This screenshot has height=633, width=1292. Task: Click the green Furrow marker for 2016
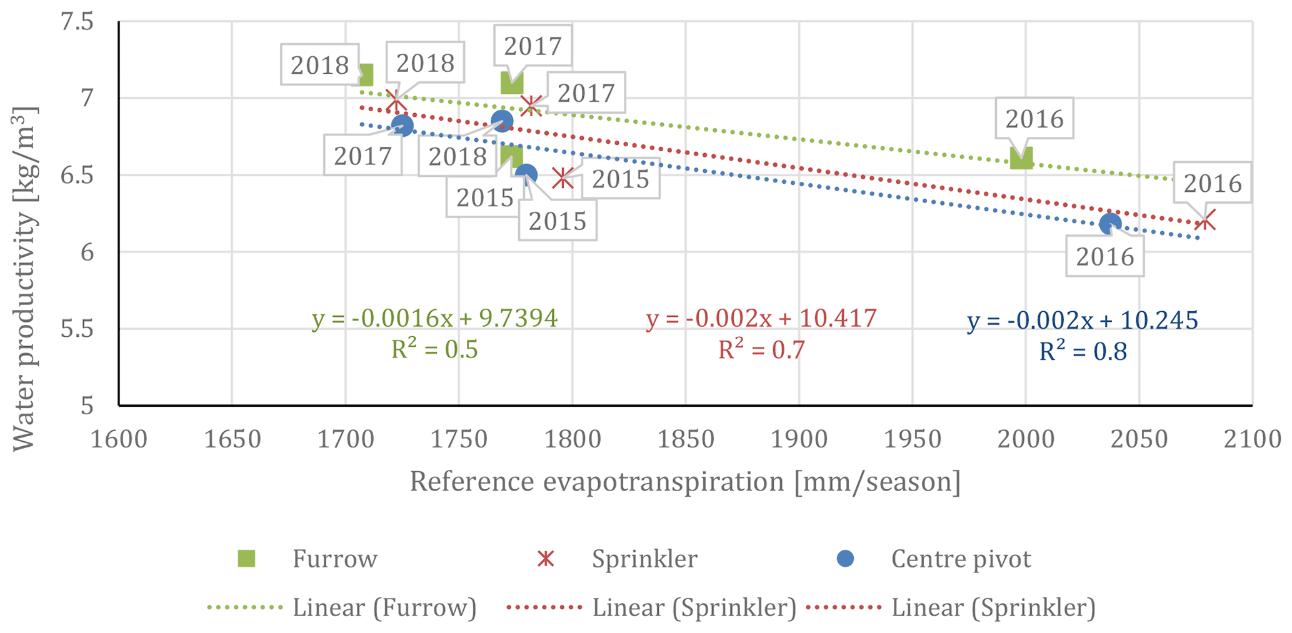click(1021, 158)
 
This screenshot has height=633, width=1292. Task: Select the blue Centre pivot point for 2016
click(1110, 224)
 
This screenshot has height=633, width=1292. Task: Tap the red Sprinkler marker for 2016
click(1206, 220)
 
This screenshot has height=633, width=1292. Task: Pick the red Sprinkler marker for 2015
click(563, 178)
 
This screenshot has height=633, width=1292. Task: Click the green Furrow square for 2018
click(363, 75)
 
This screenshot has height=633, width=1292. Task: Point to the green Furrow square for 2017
click(512, 82)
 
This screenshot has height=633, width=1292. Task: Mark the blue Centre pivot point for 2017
click(403, 126)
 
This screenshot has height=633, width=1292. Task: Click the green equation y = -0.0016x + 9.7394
click(434, 319)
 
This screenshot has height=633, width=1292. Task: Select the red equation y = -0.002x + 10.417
click(761, 319)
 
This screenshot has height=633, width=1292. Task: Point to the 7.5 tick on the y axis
click(77, 22)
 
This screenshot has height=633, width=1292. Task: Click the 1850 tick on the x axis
click(686, 439)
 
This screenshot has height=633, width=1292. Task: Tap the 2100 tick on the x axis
click(1252, 439)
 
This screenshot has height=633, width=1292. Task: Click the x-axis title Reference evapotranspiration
click(685, 482)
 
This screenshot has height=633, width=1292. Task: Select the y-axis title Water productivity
click(24, 278)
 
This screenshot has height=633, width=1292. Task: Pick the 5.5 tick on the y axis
click(77, 329)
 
